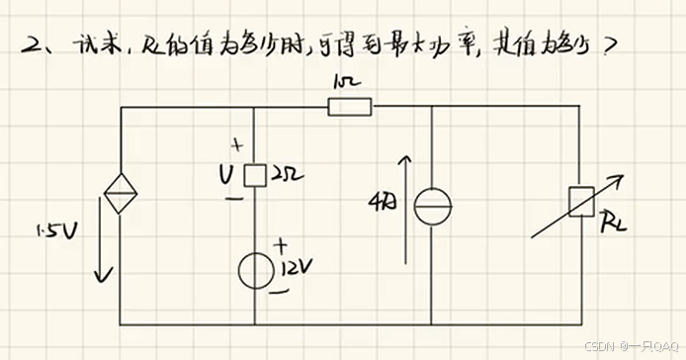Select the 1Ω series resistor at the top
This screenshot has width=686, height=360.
click(x=350, y=106)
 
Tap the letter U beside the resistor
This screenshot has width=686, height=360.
click(x=226, y=175)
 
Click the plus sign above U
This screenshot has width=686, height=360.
click(x=236, y=148)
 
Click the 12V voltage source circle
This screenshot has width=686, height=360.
click(x=256, y=268)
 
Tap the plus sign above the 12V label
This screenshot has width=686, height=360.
click(x=281, y=242)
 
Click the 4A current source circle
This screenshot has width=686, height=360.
click(x=432, y=207)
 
